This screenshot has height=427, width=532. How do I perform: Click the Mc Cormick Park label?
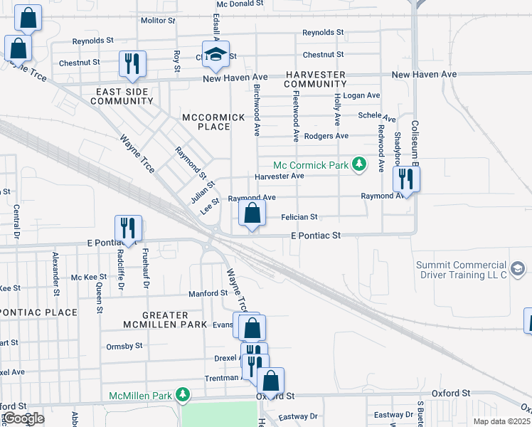pyautogui.click(x=312, y=164)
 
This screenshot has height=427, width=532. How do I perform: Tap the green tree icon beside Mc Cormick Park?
pyautogui.click(x=360, y=164)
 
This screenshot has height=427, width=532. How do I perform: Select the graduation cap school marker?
pyautogui.click(x=216, y=56)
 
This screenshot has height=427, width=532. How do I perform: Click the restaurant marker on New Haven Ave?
pyautogui.click(x=132, y=64)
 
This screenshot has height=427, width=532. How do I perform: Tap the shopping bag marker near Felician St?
pyautogui.click(x=252, y=213)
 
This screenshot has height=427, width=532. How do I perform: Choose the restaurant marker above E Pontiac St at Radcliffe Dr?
pyautogui.click(x=128, y=228)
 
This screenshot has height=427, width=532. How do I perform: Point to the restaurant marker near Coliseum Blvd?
pyautogui.click(x=406, y=179)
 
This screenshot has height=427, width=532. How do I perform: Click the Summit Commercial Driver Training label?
pyautogui.click(x=462, y=270)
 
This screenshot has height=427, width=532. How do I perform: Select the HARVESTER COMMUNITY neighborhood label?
pyautogui.click(x=315, y=79)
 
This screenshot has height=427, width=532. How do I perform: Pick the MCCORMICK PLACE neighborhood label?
pyautogui.click(x=206, y=122)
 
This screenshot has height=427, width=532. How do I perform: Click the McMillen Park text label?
pyautogui.click(x=141, y=396)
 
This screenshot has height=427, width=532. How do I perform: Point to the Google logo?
pyautogui.click(x=23, y=418)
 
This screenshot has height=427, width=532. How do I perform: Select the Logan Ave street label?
pyautogui.click(x=361, y=95)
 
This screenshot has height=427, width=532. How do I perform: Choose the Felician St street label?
pyautogui.click(x=299, y=216)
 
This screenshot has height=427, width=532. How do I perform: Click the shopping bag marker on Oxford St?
pyautogui.click(x=270, y=380)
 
